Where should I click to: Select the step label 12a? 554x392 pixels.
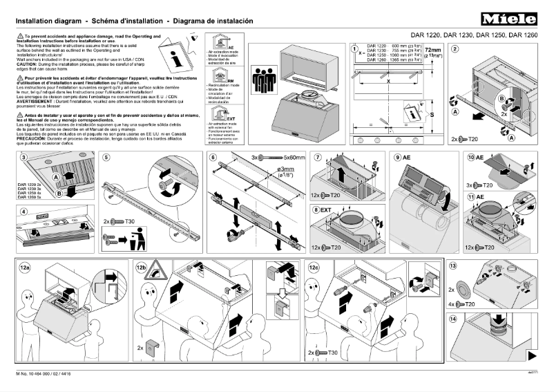click(26, 266)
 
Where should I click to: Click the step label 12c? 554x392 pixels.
click(315, 266)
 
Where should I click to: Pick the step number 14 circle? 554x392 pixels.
click(453, 319)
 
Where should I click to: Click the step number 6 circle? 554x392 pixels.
click(213, 158)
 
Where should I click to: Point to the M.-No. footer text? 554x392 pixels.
click(41, 374)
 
